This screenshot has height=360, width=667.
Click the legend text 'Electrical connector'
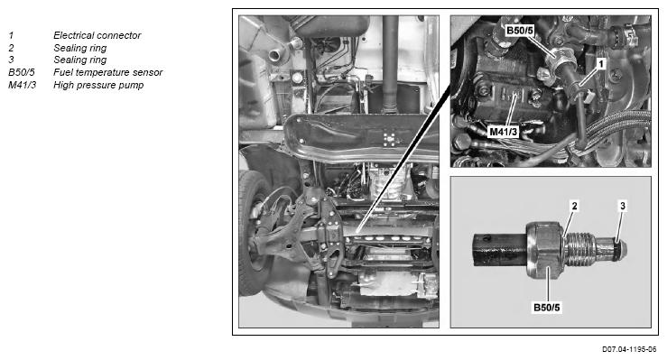(97, 35)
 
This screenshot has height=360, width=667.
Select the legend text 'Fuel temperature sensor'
(108, 72)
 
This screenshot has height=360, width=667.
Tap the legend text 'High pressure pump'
(98, 85)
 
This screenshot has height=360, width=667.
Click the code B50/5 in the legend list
(22, 72)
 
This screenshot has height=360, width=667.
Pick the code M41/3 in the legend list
(23, 85)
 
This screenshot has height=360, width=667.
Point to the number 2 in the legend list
(11, 48)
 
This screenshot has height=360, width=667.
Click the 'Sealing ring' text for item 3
(80, 60)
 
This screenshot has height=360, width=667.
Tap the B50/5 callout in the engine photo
(519, 31)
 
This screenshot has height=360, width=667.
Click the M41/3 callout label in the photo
(504, 132)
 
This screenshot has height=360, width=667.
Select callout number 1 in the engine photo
(601, 64)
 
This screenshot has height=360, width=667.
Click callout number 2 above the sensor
(575, 206)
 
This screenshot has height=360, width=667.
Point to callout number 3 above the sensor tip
(623, 206)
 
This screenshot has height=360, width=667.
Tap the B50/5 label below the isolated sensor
(547, 308)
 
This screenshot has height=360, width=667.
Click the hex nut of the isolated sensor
(545, 250)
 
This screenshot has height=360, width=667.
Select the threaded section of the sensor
(579, 251)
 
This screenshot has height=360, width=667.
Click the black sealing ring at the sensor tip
(616, 251)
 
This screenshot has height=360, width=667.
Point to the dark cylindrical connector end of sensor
(500, 250)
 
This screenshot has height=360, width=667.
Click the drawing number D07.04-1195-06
(629, 349)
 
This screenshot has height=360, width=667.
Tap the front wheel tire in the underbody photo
(252, 233)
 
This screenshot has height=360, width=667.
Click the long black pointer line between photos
(404, 158)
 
